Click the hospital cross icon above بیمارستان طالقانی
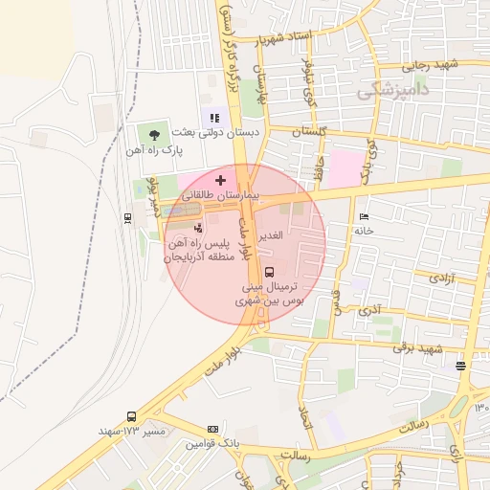click(221, 180)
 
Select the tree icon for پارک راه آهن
click(155, 133)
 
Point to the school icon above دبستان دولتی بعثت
click(215, 118)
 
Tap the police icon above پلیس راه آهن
click(197, 228)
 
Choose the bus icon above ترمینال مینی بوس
click(269, 271)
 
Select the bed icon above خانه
click(362, 216)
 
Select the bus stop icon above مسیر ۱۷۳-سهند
click(131, 417)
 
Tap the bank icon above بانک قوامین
click(212, 430)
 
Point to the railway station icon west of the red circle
click(128, 217)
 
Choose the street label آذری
click(367, 311)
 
